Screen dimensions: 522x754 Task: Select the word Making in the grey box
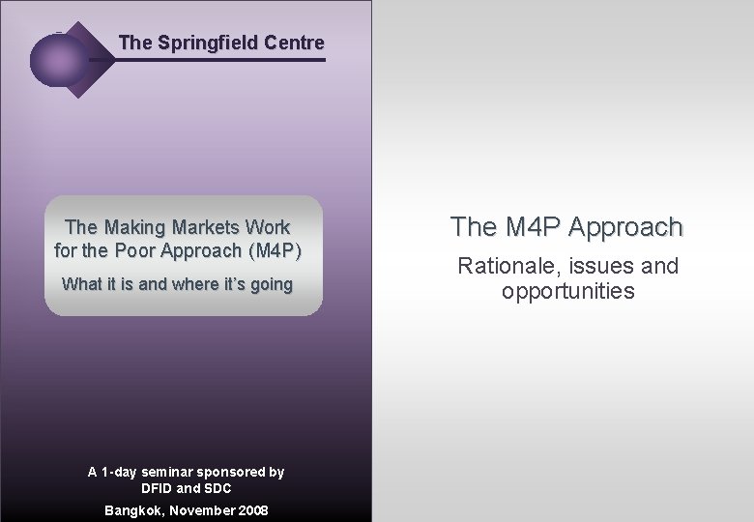pyautogui.click(x=134, y=228)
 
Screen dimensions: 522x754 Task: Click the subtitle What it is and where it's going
pyautogui.click(x=177, y=284)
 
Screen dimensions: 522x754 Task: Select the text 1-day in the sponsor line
pyautogui.click(x=122, y=473)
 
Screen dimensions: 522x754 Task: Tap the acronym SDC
pyautogui.click(x=217, y=489)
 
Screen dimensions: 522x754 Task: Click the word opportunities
pyautogui.click(x=568, y=291)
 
